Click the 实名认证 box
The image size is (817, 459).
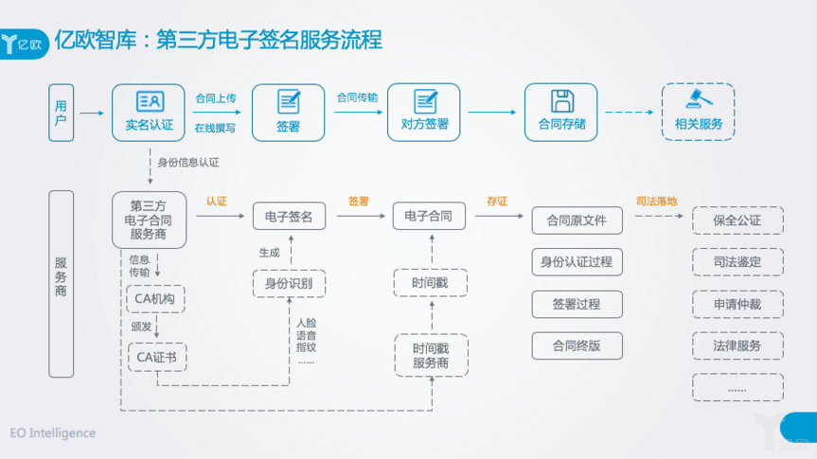[149, 113]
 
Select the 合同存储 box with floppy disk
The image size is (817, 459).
[561, 113]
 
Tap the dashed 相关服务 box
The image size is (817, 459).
[698, 113]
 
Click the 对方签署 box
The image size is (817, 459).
[424, 113]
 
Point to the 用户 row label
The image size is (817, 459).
[61, 113]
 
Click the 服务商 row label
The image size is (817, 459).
[61, 284]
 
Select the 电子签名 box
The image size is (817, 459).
[289, 217]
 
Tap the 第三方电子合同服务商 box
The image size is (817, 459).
[149, 220]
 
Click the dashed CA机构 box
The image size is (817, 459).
[154, 298]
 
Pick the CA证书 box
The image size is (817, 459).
[155, 357]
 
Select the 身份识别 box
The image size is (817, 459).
[289, 283]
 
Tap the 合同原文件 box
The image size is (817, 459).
[577, 221]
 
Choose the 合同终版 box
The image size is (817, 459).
[577, 345]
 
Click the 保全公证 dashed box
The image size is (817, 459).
[737, 221]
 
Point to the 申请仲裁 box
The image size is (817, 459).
[737, 304]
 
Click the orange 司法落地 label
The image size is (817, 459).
[656, 201]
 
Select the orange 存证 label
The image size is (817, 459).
[497, 201]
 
